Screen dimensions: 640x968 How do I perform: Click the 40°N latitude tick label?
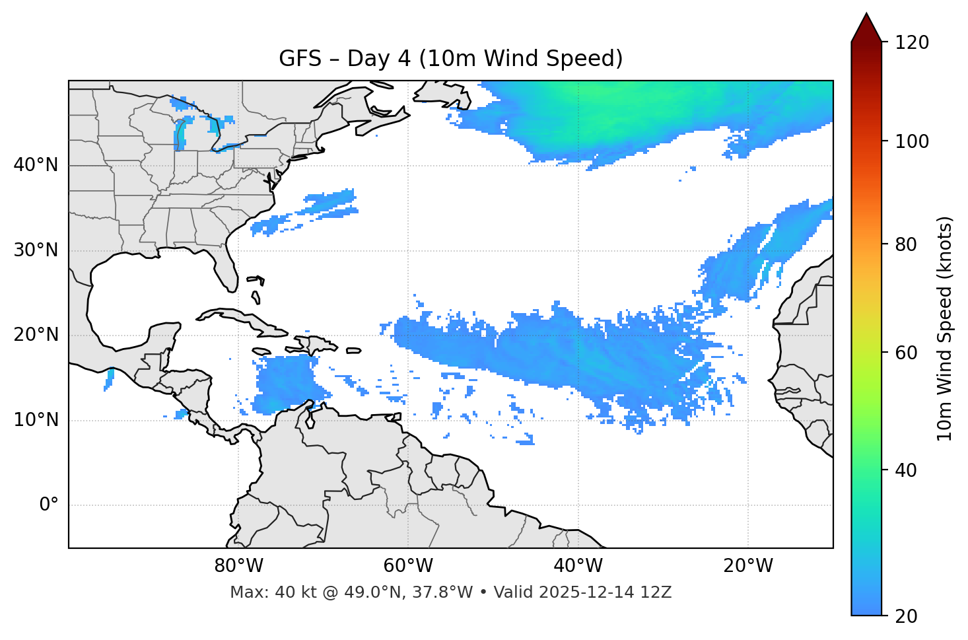[x=36, y=165]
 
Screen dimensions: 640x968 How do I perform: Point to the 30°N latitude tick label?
[x=36, y=250]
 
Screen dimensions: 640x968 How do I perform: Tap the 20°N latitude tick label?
[x=36, y=336]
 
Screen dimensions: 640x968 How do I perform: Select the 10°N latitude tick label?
[x=36, y=420]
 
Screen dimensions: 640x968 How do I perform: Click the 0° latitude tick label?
[x=49, y=505]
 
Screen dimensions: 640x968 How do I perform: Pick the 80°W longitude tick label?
[x=238, y=566]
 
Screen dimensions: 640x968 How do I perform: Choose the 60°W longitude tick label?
[x=408, y=566]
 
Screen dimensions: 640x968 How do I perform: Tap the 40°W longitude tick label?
[x=578, y=566]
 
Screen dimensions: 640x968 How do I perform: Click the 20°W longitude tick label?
[x=747, y=566]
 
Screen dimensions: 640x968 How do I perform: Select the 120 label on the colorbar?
[x=911, y=43]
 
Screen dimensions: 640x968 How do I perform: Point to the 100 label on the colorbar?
[x=911, y=141]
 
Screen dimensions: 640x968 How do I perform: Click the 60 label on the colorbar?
[x=906, y=353]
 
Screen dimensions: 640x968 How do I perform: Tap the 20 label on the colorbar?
[x=906, y=616]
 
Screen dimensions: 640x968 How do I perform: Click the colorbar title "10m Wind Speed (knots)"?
[x=945, y=328]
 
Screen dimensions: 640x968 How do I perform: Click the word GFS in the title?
[x=300, y=59]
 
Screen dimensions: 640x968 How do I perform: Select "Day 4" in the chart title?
[x=378, y=59]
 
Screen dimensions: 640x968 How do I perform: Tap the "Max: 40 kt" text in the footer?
[x=265, y=592]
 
